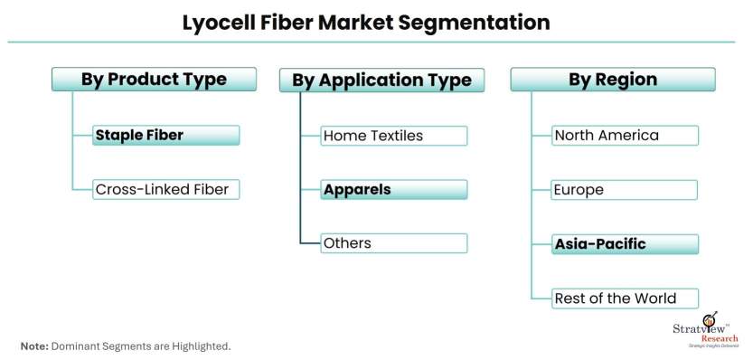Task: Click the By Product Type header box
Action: (154, 80)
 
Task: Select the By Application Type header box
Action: (381, 81)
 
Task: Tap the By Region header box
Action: (613, 80)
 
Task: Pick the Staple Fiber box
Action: (165, 136)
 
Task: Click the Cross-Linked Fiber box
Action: (165, 189)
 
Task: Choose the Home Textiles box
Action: (394, 136)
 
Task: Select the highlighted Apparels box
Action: (394, 189)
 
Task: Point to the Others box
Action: (394, 243)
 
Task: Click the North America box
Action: (625, 136)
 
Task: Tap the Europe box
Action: (625, 190)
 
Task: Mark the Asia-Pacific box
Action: (625, 244)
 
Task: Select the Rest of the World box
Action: (625, 298)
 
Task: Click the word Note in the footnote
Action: (34, 346)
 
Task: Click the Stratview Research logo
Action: (706, 330)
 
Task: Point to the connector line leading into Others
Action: (311, 243)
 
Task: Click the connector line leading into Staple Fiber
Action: (82, 136)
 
